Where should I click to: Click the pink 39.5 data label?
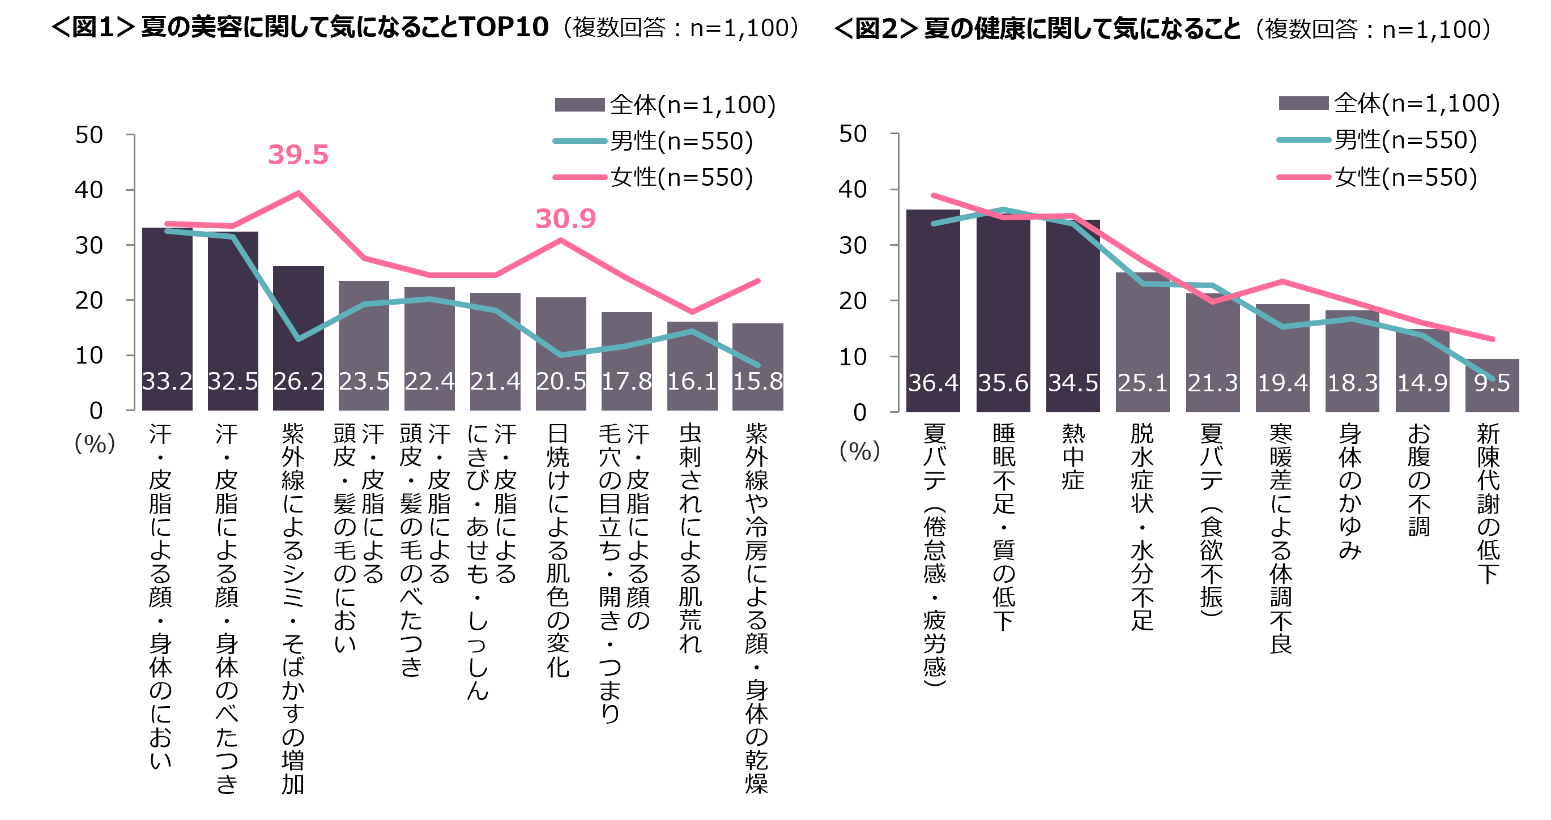(x=298, y=155)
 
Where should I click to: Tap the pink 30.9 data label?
(x=565, y=219)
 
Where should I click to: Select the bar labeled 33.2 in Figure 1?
(x=167, y=319)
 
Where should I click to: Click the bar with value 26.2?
(x=298, y=337)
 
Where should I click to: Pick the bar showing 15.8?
(x=757, y=368)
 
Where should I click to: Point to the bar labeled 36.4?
(x=932, y=310)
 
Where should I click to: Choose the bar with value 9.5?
(x=1492, y=385)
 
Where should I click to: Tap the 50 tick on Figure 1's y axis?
(x=89, y=135)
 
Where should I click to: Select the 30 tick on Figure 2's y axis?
(x=853, y=245)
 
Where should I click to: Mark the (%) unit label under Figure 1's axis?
(x=95, y=444)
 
